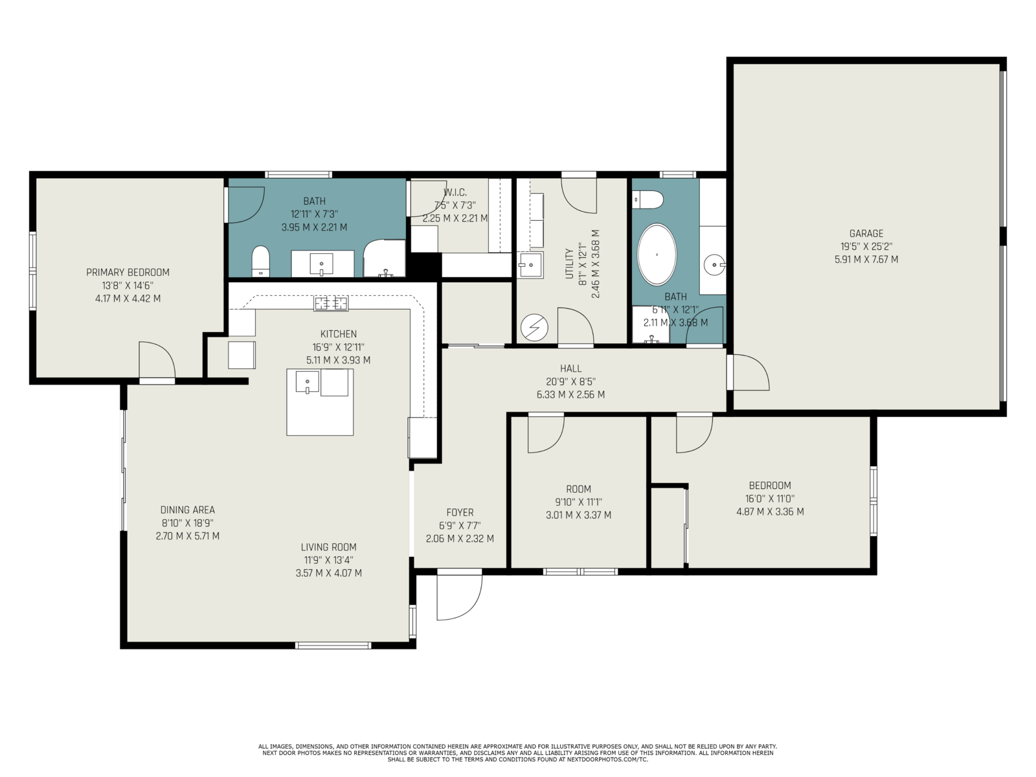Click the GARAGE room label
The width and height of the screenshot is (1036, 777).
[x=866, y=233]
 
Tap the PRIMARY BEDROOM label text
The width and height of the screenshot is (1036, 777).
[x=128, y=272]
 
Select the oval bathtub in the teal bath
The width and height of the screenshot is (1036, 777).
[x=657, y=254]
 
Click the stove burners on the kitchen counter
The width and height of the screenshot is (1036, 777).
[x=332, y=303]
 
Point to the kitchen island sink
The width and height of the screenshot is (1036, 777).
[x=308, y=381]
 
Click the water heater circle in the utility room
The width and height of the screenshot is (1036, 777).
[x=534, y=327]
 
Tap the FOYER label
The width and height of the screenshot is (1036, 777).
[x=460, y=512]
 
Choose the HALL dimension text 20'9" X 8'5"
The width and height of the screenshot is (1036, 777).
[x=570, y=381]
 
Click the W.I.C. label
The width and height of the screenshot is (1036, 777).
[x=455, y=192]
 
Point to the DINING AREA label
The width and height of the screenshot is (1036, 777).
[x=187, y=510]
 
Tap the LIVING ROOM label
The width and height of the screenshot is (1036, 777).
[x=328, y=546]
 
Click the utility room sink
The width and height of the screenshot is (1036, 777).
[x=530, y=265]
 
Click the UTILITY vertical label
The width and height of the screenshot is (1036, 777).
[x=569, y=264]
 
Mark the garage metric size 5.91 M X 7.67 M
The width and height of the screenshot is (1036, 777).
[x=866, y=259]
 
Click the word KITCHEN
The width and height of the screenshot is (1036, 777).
[x=339, y=334]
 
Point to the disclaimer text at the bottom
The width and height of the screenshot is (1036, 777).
[x=517, y=753]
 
